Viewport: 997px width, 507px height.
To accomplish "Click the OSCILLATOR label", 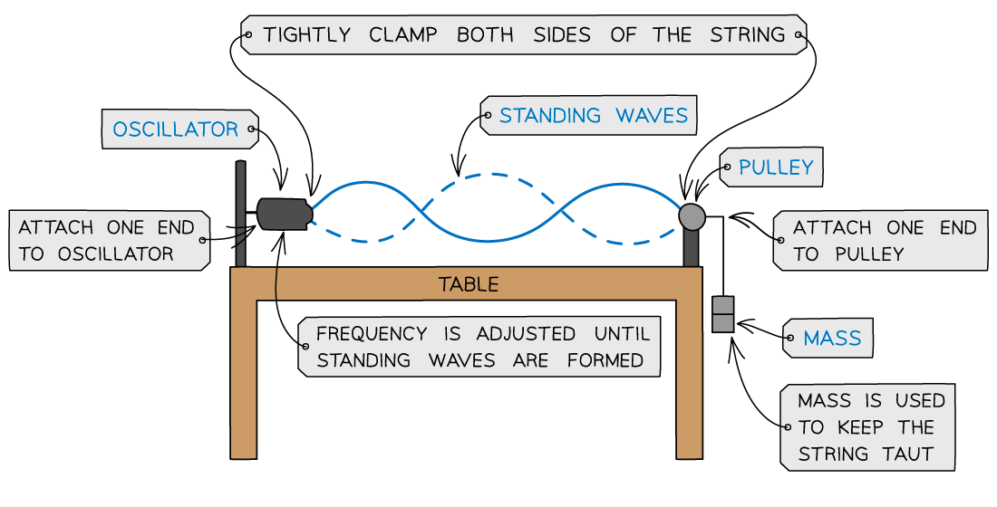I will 175,129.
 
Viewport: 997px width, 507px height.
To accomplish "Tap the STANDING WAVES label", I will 593,116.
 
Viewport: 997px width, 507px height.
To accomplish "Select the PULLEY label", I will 776,167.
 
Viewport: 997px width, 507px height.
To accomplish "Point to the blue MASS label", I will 832,339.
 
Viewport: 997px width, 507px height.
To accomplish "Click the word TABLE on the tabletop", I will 469,284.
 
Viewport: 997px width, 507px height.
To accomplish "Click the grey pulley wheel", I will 692,216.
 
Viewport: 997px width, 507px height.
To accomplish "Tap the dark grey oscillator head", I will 284,213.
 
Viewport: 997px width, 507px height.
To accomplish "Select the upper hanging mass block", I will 722,305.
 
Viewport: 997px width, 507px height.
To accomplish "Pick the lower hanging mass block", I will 722,322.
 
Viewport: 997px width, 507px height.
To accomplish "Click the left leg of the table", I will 244,380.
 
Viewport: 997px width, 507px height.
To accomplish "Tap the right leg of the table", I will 689,380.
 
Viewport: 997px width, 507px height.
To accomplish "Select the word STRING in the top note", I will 747,35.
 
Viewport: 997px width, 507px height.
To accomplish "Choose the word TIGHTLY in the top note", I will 306,35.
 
